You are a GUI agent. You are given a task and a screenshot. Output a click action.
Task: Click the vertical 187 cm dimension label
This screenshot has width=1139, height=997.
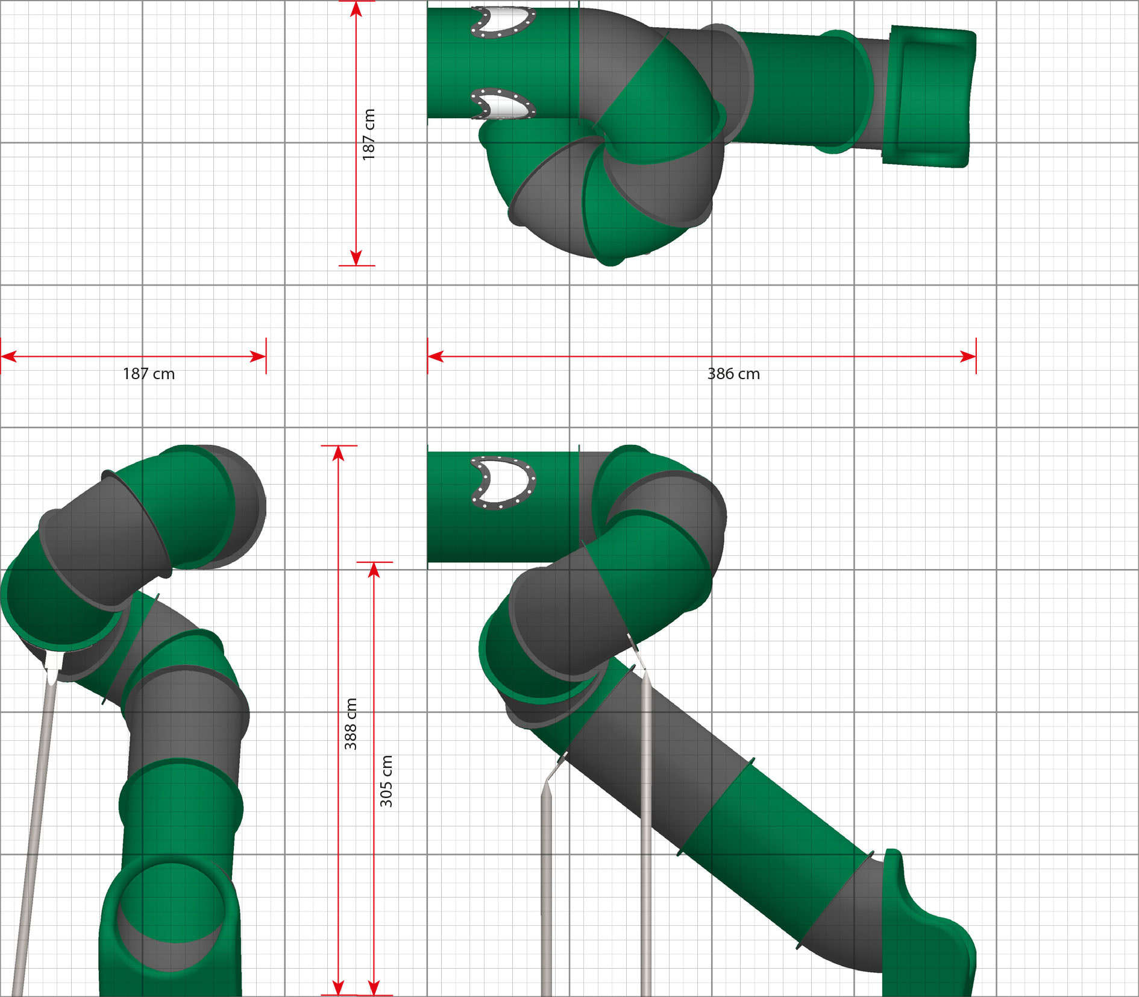[369, 134]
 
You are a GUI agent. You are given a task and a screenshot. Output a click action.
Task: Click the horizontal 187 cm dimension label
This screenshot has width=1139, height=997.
[149, 374]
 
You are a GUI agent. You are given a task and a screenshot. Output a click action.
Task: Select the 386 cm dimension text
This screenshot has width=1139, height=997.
[733, 374]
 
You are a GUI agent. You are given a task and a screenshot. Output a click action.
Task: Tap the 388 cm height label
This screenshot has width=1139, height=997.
[351, 724]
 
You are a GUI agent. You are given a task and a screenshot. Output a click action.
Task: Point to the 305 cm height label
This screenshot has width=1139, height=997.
[386, 781]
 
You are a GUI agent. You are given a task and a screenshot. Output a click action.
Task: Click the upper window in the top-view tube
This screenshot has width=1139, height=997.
[503, 22]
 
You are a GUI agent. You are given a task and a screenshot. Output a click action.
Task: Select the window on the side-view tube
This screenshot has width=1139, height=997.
[503, 483]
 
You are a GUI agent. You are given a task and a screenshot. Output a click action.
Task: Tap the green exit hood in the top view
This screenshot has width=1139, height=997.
[928, 96]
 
